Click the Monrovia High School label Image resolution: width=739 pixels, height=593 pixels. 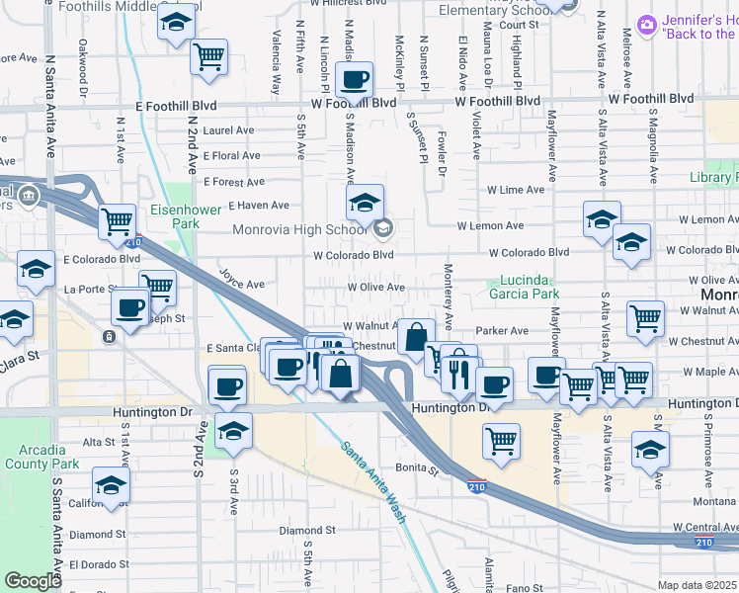coord(299,230)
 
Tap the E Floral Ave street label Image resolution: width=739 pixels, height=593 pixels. coord(231,156)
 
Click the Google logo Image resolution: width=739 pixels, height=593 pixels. coord(33,581)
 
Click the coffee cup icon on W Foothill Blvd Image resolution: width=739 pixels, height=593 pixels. coord(354,81)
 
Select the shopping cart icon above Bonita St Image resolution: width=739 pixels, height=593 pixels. coord(502,439)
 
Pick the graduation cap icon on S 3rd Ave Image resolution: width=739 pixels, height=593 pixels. coord(233,432)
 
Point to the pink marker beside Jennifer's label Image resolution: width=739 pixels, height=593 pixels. coord(647,24)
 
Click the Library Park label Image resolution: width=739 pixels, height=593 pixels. coord(713,178)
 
